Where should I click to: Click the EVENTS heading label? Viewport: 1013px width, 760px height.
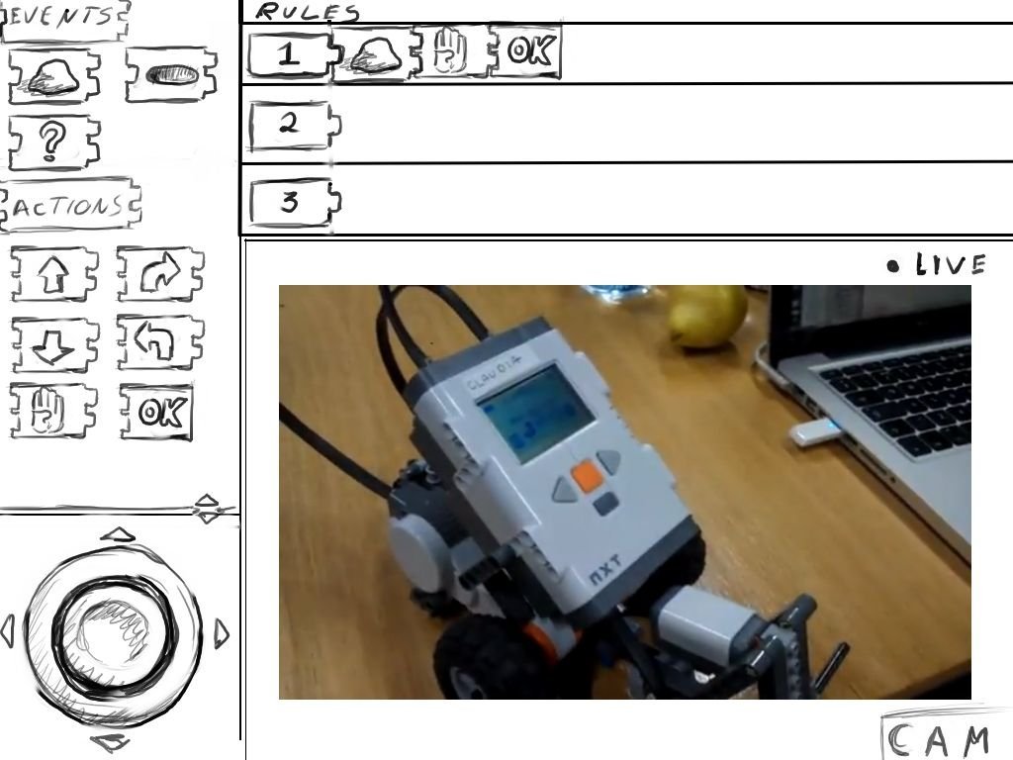(x=63, y=21)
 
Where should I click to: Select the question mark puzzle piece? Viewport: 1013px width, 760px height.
(x=54, y=142)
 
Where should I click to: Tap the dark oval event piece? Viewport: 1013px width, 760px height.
(x=171, y=75)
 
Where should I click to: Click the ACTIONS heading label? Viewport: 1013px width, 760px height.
(x=69, y=206)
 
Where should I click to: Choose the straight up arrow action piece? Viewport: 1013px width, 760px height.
(x=55, y=273)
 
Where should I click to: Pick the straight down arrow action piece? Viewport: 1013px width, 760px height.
(x=55, y=345)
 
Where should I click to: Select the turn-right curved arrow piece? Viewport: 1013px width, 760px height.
(x=160, y=273)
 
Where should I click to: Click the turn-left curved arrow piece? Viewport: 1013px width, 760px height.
(x=160, y=342)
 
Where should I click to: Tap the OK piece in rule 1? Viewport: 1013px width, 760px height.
(x=525, y=51)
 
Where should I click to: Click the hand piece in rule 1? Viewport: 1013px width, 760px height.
(x=449, y=51)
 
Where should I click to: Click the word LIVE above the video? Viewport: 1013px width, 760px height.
(x=951, y=264)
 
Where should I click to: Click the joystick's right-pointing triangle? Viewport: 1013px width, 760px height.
(x=222, y=633)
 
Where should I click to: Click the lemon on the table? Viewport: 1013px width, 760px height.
(x=707, y=316)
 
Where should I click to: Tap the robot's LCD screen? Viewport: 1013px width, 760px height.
(x=535, y=413)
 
